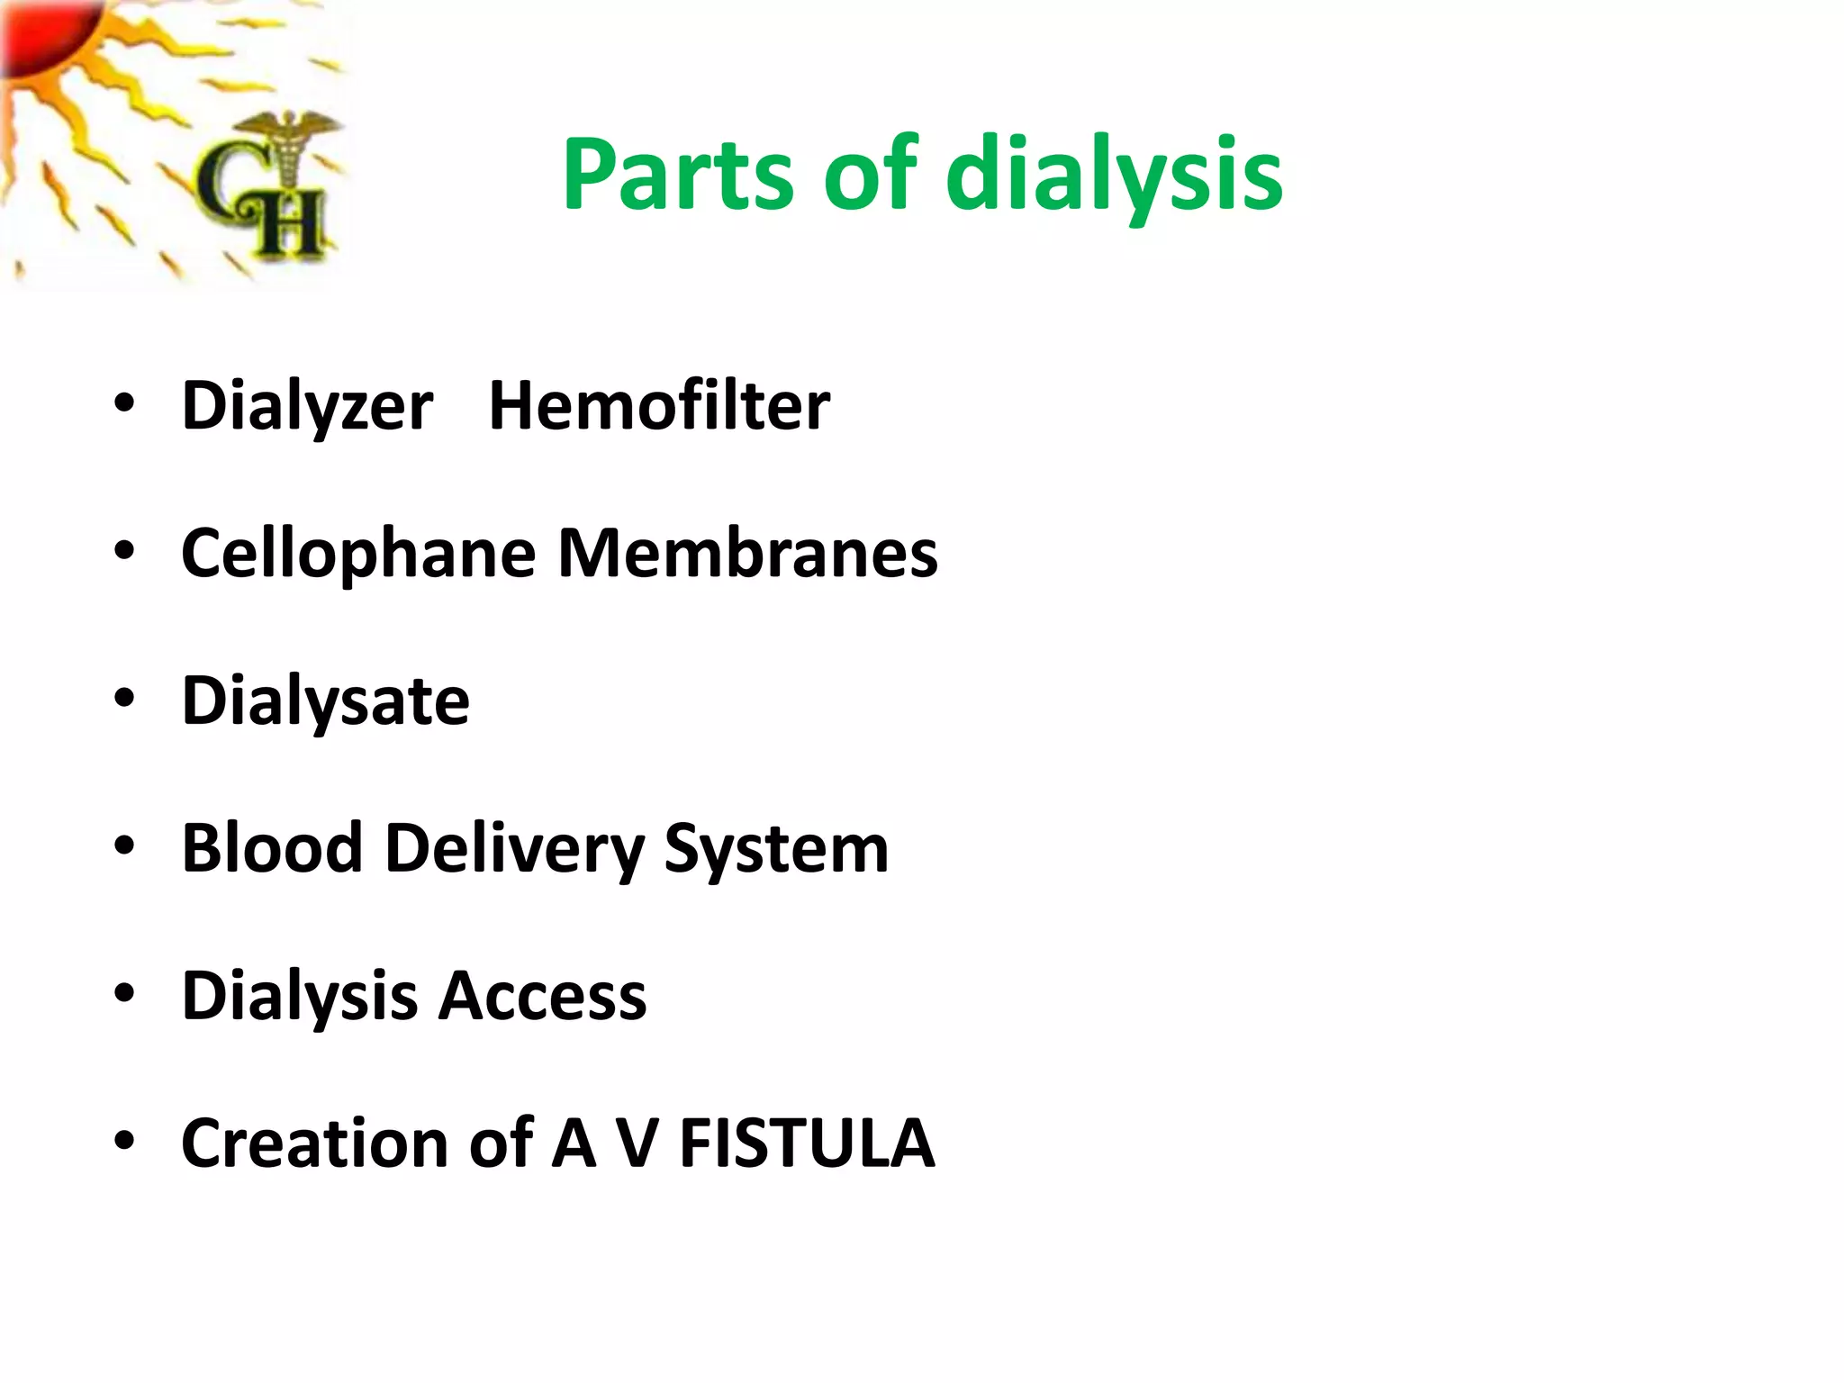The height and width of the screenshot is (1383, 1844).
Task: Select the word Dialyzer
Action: click(307, 406)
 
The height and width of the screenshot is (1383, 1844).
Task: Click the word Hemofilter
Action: click(658, 406)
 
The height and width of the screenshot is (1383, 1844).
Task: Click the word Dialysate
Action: click(325, 701)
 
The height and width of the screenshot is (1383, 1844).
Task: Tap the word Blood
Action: click(272, 848)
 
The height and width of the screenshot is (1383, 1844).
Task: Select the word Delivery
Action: click(514, 850)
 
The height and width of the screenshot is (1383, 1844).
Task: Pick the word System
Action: click(776, 850)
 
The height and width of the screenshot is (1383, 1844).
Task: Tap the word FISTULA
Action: click(807, 1143)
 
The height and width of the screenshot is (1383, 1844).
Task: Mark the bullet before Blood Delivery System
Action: click(124, 845)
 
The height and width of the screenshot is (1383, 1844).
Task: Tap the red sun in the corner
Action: click(41, 32)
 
